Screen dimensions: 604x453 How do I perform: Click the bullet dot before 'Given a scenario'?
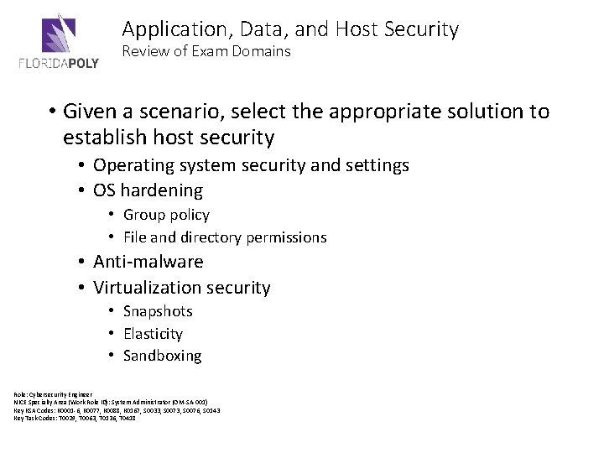click(51, 112)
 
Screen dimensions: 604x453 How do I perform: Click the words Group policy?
click(166, 215)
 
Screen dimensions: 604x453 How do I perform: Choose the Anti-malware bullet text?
click(148, 262)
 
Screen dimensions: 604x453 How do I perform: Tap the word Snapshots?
click(158, 311)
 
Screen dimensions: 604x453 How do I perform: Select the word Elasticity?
click(153, 333)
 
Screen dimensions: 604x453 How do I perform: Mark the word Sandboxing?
click(162, 356)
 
